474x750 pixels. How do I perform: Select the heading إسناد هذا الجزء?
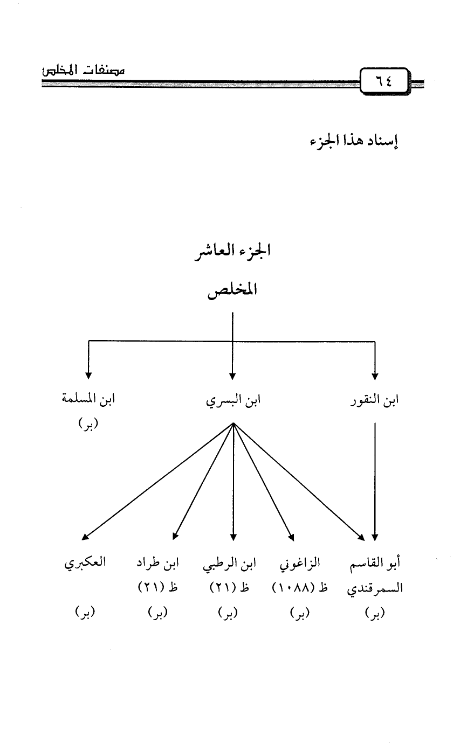(x=353, y=143)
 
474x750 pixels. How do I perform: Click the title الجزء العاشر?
(x=232, y=253)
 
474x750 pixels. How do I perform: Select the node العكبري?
(x=85, y=564)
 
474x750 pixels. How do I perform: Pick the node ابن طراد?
(x=158, y=564)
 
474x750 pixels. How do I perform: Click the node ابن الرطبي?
(x=229, y=564)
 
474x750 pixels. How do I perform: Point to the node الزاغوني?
(x=300, y=564)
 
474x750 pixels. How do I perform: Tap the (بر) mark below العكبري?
(x=85, y=613)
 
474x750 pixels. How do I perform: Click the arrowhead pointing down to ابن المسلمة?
(x=88, y=376)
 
